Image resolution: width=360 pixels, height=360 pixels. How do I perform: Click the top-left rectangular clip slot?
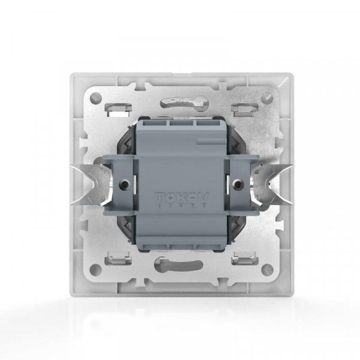pyautogui.click(x=118, y=108)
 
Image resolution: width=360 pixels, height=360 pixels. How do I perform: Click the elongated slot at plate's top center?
pyautogui.click(x=180, y=98)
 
